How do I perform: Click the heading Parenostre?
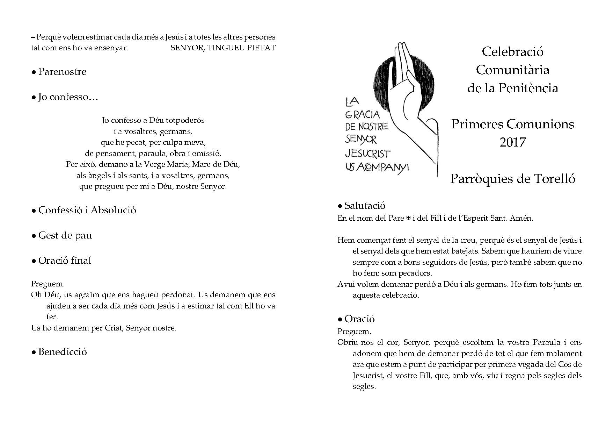tap(62, 72)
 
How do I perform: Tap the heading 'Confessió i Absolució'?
tap(87, 210)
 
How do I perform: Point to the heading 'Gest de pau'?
tap(65, 235)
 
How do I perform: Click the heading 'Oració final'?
tap(65, 261)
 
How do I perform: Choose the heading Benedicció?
tap(63, 352)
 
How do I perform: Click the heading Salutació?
tap(365, 206)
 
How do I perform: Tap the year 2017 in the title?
tap(512, 142)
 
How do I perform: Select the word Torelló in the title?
tap(555, 179)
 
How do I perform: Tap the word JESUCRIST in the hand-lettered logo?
tap(368, 154)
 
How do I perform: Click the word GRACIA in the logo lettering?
tap(362, 114)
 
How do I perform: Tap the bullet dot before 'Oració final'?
tap(34, 261)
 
